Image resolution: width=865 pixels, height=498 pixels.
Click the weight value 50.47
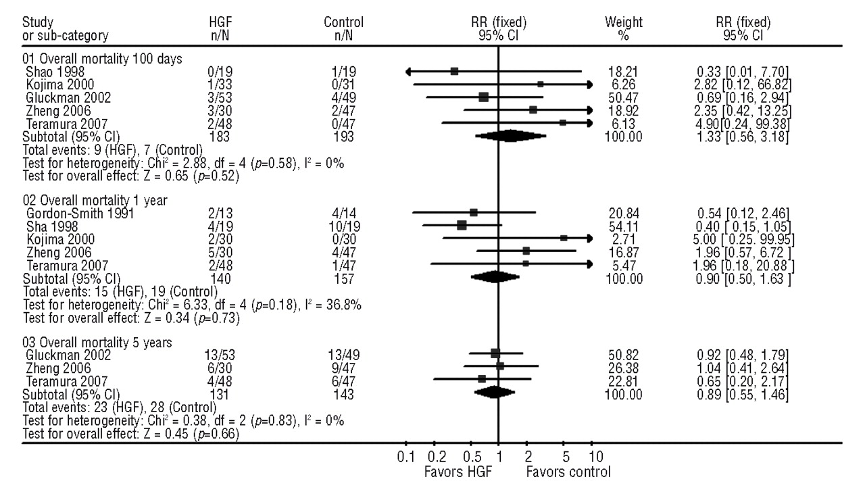[x=623, y=97]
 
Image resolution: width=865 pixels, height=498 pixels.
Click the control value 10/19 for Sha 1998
[x=343, y=225]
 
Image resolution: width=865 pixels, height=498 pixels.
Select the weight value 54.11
[x=623, y=225]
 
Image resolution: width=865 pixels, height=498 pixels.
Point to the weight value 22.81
[x=623, y=379]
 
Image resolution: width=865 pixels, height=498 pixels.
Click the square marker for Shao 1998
[x=454, y=71]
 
